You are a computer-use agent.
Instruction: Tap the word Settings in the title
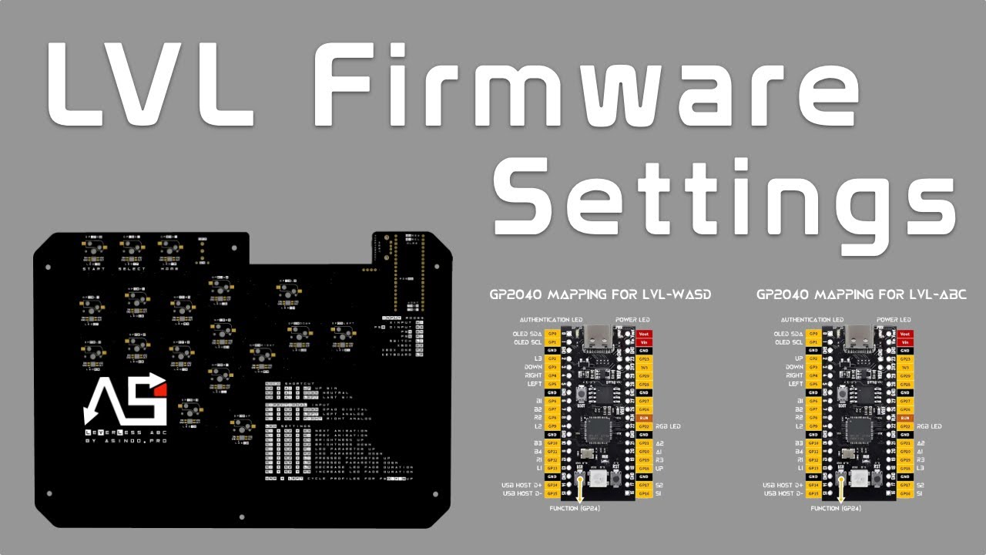(x=724, y=190)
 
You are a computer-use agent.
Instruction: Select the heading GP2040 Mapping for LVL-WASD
(x=600, y=294)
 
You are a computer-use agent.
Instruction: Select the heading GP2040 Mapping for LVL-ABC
(x=861, y=294)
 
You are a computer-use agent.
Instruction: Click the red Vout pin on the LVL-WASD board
(x=645, y=334)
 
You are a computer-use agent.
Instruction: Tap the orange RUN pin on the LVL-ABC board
(x=905, y=417)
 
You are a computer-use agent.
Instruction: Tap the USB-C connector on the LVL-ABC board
(x=860, y=337)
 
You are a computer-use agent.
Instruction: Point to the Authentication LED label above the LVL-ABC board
(x=810, y=319)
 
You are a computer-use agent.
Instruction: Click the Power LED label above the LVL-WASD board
(x=632, y=319)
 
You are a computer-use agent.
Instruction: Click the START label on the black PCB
(x=94, y=268)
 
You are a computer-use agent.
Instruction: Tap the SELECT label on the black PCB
(x=132, y=268)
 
